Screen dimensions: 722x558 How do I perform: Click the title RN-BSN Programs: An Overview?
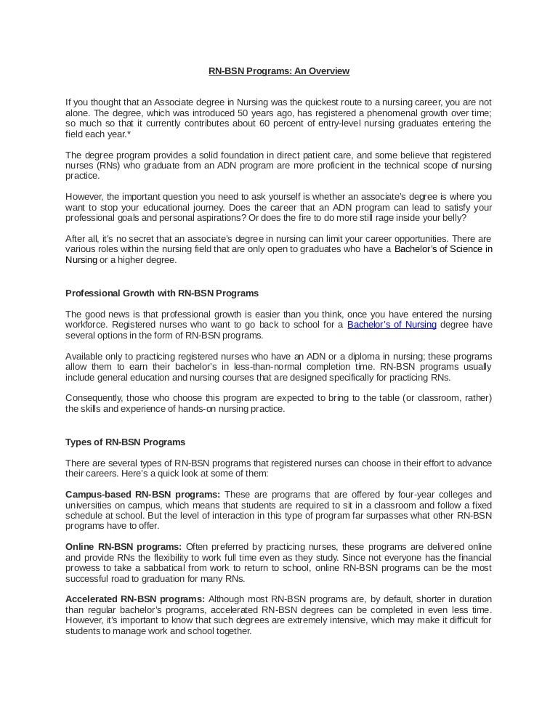click(279, 71)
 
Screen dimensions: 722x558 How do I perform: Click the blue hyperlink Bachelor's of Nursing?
click(392, 325)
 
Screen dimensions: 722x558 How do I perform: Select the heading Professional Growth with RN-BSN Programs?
click(162, 293)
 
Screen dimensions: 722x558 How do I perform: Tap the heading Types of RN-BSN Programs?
click(125, 442)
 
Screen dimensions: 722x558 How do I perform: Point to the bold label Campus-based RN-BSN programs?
click(143, 495)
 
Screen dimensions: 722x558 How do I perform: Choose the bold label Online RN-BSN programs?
click(124, 547)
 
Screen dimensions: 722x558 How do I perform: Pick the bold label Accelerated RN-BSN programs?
click(135, 599)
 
